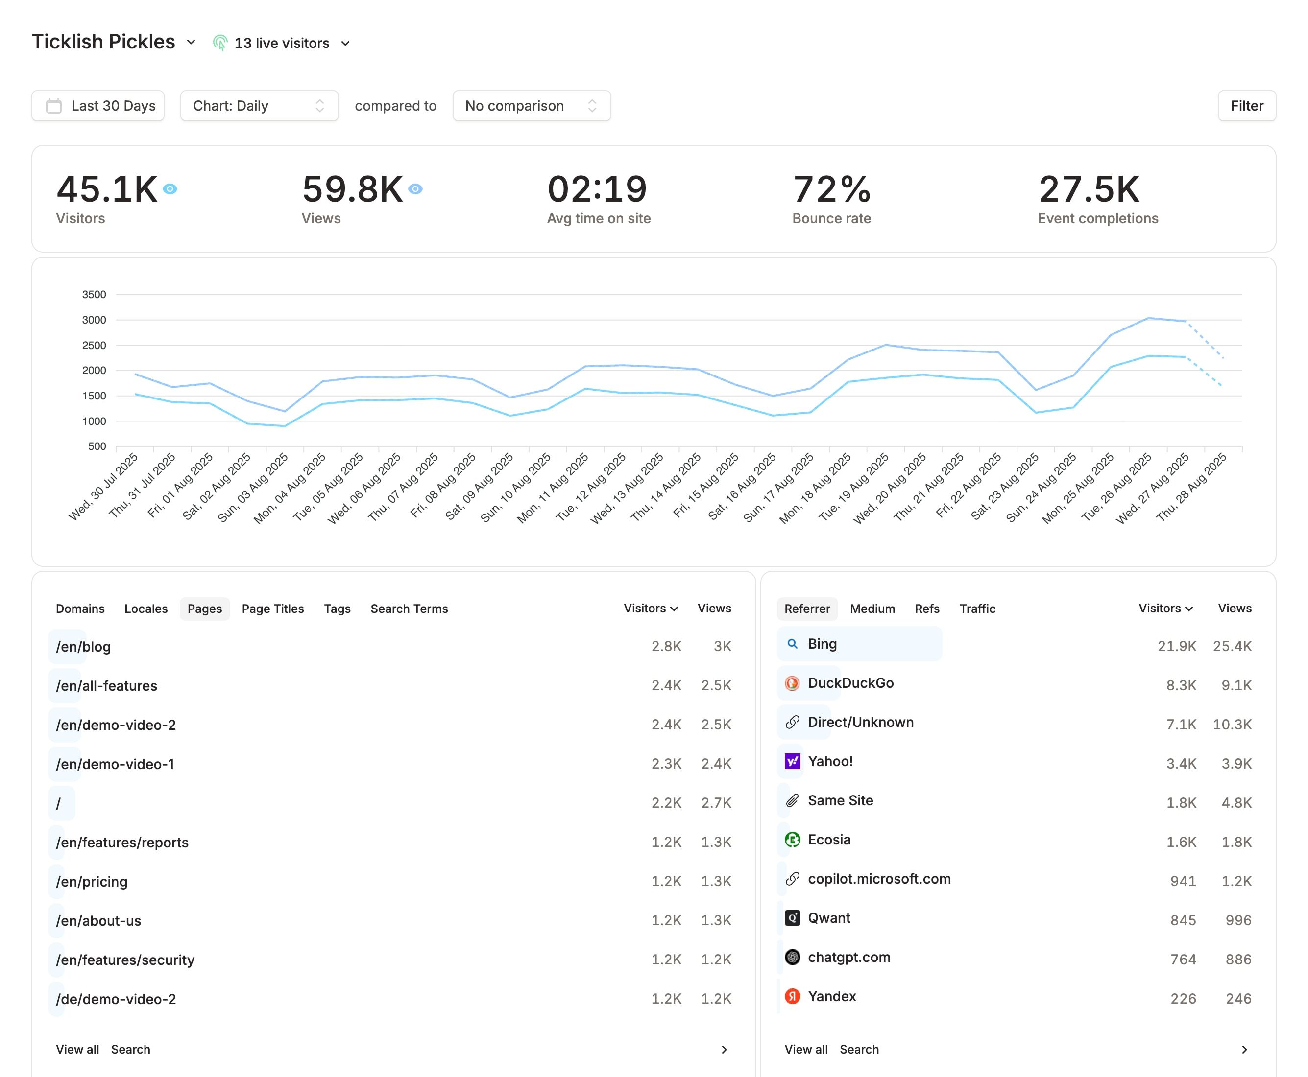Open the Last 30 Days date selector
(x=98, y=106)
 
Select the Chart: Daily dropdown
(x=259, y=106)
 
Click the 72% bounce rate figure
(x=831, y=189)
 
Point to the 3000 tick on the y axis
(x=95, y=320)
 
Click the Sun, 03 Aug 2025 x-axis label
(x=254, y=488)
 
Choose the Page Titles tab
(x=272, y=609)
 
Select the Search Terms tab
(x=409, y=609)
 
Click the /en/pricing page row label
(x=92, y=882)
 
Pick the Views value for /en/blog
(x=722, y=647)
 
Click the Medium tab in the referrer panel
(x=872, y=609)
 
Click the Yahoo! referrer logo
(x=792, y=761)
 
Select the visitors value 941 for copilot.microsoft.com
(x=1183, y=881)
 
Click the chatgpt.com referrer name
(x=848, y=957)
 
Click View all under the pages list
(x=77, y=1049)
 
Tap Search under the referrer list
(x=859, y=1049)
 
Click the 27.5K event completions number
(x=1089, y=189)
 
